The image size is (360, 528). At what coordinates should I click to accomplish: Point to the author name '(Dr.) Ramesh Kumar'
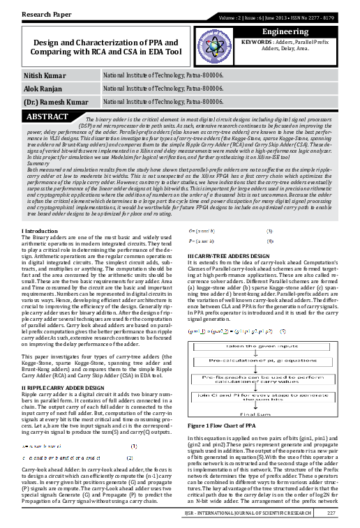pos(45,103)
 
